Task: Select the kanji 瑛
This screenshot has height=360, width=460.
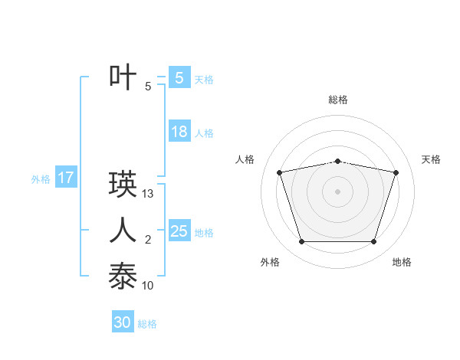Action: tap(123, 184)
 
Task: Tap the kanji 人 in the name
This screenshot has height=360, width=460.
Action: tap(123, 230)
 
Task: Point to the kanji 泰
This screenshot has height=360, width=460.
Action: tap(123, 276)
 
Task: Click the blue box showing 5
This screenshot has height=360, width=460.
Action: tap(179, 77)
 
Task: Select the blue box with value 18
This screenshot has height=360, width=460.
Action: tap(179, 132)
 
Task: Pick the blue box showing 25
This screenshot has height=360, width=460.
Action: tap(179, 231)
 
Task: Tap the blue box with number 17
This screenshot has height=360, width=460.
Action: tap(65, 178)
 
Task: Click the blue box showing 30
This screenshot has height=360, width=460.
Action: tap(123, 322)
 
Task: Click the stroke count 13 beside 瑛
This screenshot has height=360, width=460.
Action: tap(149, 195)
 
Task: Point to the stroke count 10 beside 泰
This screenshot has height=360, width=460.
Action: tap(149, 286)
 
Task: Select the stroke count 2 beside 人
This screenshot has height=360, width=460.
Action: tap(148, 241)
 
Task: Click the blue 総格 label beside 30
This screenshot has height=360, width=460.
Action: tap(147, 324)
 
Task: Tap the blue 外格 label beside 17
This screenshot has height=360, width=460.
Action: tap(41, 179)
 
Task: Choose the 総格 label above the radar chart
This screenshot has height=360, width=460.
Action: tap(338, 100)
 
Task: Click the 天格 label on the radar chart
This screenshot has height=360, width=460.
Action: tap(431, 159)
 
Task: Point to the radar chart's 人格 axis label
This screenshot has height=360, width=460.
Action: tap(245, 159)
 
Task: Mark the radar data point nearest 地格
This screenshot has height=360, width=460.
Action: tap(373, 242)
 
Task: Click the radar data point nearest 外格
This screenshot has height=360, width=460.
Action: tap(301, 242)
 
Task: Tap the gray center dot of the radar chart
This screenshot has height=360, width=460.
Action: tap(337, 191)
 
